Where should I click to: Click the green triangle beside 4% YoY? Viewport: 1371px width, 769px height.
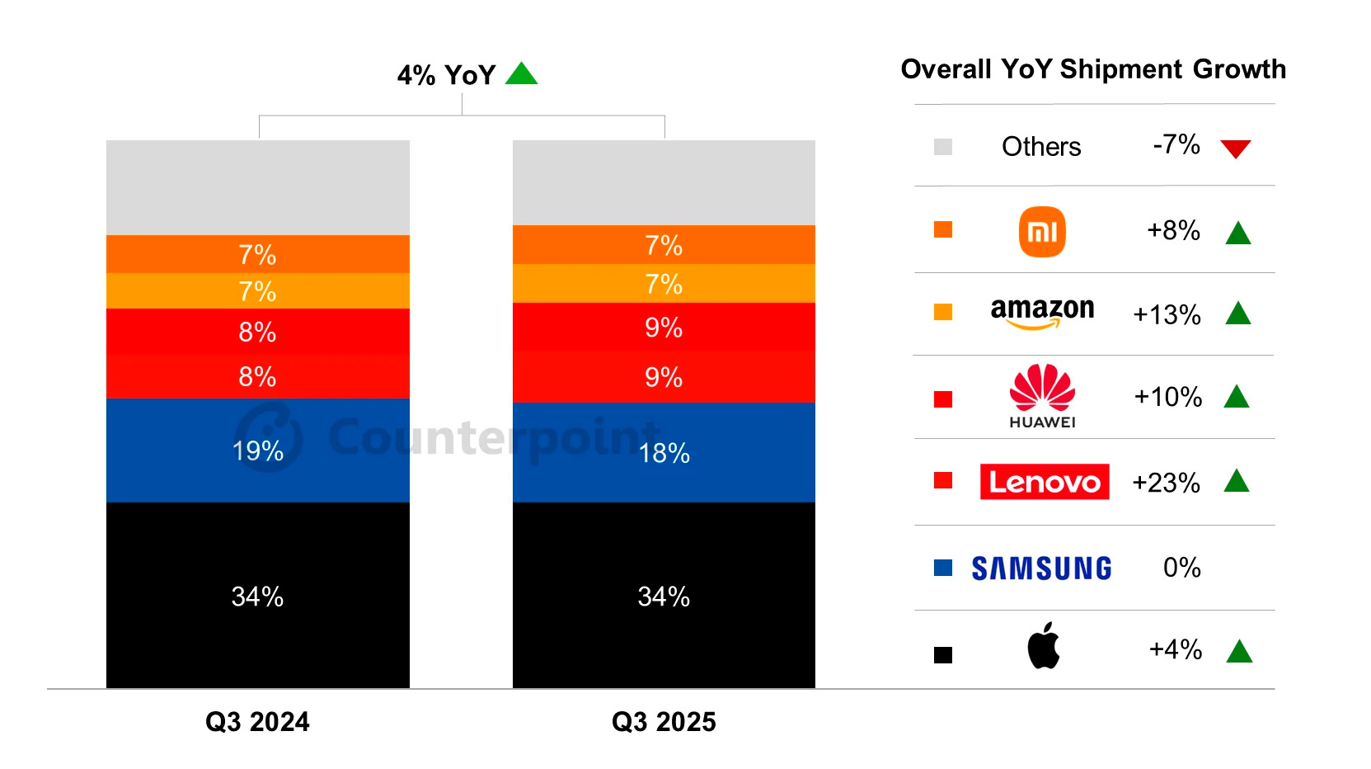pos(521,75)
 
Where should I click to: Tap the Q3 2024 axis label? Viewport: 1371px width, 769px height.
pos(257,722)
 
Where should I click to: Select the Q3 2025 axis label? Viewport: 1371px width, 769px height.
pos(664,722)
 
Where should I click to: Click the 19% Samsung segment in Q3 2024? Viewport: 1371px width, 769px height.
pos(257,451)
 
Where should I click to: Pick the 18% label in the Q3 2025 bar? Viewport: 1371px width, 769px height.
pos(664,453)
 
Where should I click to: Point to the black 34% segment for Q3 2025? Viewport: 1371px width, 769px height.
pos(664,596)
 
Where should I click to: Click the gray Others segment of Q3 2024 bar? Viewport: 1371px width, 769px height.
pos(257,187)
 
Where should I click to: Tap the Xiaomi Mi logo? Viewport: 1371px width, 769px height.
pos(1042,232)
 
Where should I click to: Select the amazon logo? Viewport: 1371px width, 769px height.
pos(1042,313)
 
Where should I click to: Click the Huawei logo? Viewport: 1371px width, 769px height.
pos(1042,396)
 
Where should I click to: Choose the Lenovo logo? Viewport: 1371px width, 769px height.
pos(1044,482)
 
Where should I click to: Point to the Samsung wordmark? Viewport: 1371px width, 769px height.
pos(1041,568)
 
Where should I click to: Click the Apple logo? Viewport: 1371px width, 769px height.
pos(1043,646)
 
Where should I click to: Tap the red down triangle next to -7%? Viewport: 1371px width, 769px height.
pos(1235,149)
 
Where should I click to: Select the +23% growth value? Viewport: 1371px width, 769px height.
pos(1166,483)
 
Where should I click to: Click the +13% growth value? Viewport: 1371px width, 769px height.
pos(1167,315)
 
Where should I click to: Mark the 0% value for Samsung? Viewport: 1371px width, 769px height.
pos(1181,568)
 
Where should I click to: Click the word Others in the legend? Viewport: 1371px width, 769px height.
pos(1040,147)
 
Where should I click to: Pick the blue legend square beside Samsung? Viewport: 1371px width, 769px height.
pos(942,568)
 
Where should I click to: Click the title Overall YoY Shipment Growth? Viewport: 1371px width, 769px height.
pos(1093,69)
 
